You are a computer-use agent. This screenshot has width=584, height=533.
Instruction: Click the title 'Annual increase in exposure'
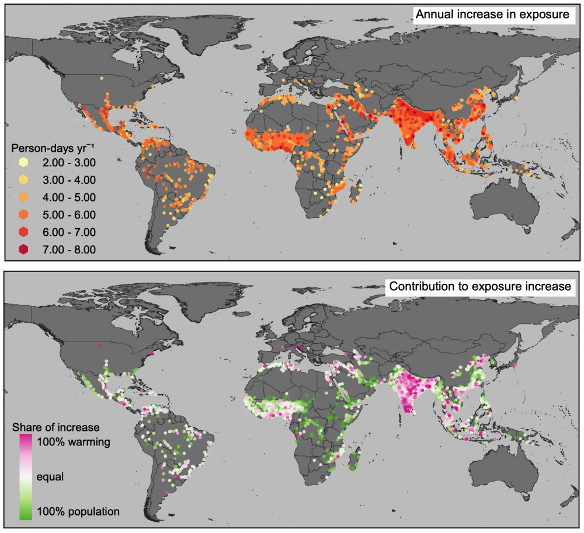pyautogui.click(x=492, y=15)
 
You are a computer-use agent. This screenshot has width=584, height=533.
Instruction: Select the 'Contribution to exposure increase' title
pyautogui.click(x=481, y=287)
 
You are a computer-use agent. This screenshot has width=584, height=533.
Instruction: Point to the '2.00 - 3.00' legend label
pyautogui.click(x=69, y=162)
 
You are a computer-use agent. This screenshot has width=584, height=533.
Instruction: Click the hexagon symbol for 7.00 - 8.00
pyautogui.click(x=23, y=249)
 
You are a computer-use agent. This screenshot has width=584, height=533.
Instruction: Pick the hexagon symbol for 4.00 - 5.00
pyautogui.click(x=23, y=197)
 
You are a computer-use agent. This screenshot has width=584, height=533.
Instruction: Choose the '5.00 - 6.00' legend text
pyautogui.click(x=69, y=214)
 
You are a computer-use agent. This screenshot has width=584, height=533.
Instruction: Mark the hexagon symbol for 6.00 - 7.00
pyautogui.click(x=23, y=232)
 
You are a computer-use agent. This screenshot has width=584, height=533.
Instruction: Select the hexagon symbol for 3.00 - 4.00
pyautogui.click(x=23, y=180)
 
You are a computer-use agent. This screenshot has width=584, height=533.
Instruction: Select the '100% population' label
pyautogui.click(x=78, y=511)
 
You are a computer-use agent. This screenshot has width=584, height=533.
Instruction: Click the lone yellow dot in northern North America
pyautogui.click(x=101, y=78)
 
